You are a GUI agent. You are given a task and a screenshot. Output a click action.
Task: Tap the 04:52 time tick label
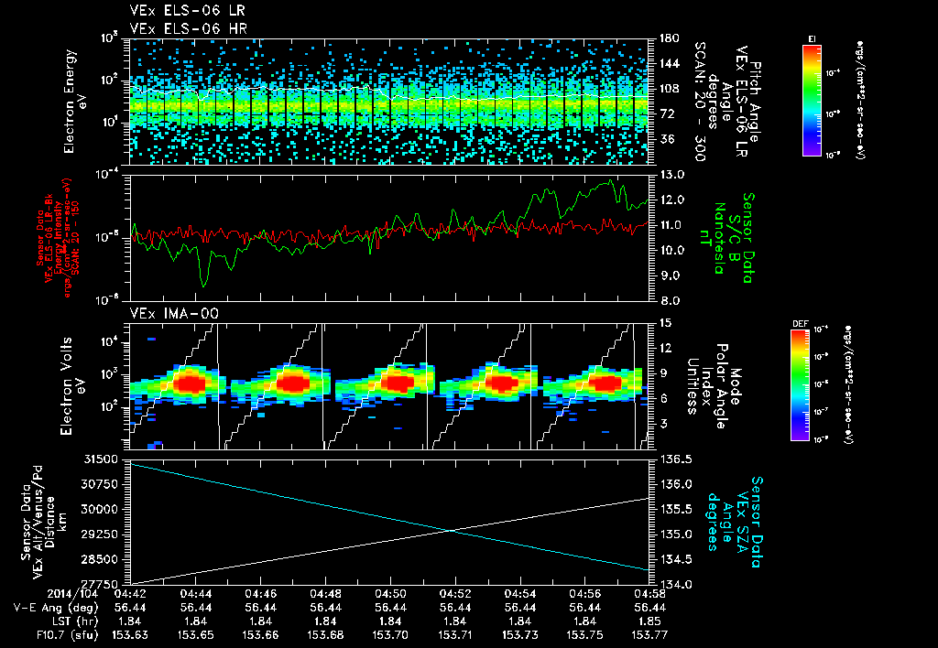pos(455,592)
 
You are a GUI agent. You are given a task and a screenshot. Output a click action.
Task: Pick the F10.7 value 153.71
pos(455,633)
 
